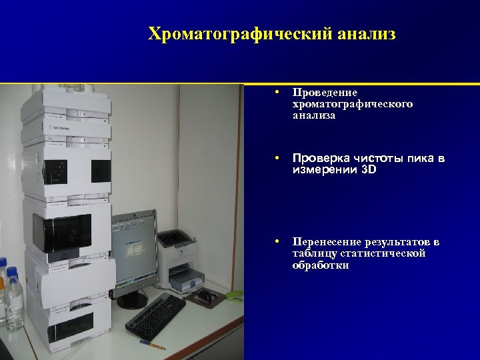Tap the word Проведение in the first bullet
pyautogui.click(x=325, y=92)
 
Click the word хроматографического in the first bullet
pyautogui.click(x=352, y=104)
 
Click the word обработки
pyautogui.click(x=320, y=265)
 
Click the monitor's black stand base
pyautogui.click(x=132, y=301)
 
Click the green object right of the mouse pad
pyautogui.click(x=235, y=294)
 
